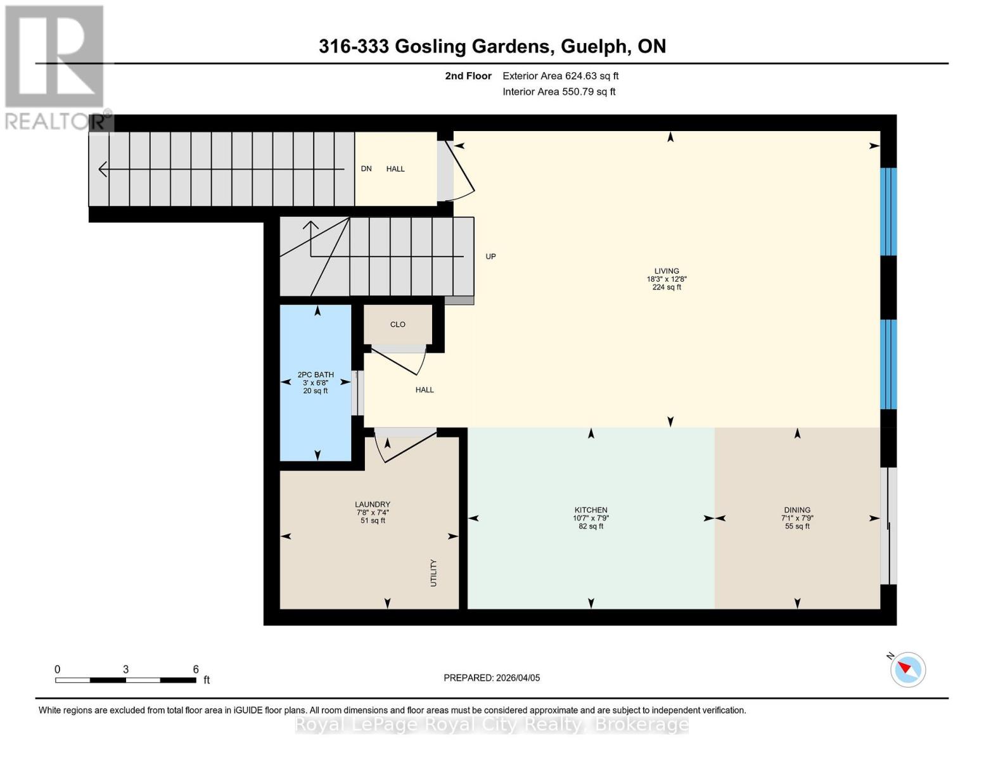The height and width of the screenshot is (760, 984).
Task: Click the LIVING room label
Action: [x=667, y=271]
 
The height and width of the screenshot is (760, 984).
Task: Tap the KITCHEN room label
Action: [x=591, y=510]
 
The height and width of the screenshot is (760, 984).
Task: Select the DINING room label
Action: [x=797, y=510]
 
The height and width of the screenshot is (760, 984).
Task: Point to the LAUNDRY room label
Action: [x=373, y=505]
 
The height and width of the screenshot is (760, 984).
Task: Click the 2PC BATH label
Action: [x=316, y=375]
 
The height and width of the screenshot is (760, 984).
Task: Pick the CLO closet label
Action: [x=398, y=324]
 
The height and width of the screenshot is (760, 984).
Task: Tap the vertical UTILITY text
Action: [x=434, y=573]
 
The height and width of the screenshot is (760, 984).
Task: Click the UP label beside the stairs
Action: [x=490, y=256]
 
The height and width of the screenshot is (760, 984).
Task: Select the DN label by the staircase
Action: [x=366, y=168]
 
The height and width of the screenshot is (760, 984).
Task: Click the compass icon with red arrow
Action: [x=908, y=669]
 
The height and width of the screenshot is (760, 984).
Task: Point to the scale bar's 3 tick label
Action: [x=126, y=669]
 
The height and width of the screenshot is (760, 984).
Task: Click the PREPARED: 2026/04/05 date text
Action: [x=492, y=678]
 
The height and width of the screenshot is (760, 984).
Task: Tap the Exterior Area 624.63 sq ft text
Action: [x=560, y=76]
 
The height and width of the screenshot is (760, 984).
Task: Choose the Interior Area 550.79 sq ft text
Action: [x=559, y=92]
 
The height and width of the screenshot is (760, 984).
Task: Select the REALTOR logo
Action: [x=56, y=66]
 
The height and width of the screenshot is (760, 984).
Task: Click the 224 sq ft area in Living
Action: [x=667, y=288]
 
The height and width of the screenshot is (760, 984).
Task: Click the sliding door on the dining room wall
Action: [x=889, y=526]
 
